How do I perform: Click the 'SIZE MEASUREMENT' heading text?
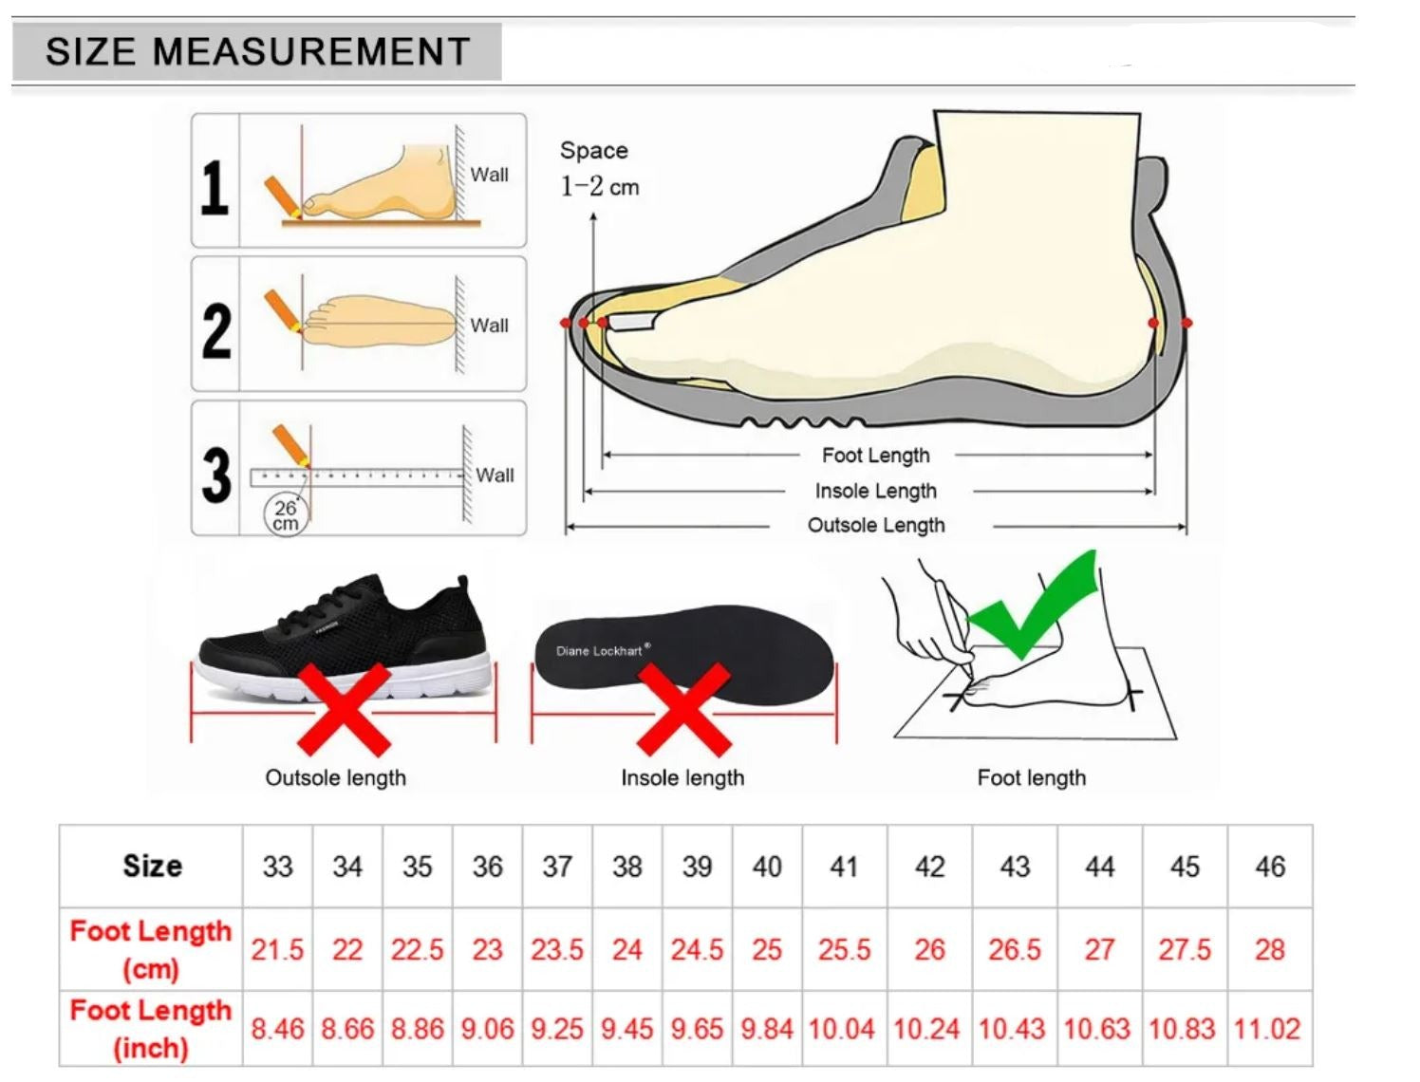(x=257, y=51)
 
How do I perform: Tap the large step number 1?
(x=215, y=188)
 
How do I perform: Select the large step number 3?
(x=216, y=476)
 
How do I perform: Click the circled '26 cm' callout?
(x=286, y=515)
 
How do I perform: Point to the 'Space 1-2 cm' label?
(x=599, y=169)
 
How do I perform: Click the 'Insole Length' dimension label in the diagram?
(x=875, y=491)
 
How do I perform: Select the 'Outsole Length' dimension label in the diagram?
(x=876, y=525)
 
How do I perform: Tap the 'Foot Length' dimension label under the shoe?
(x=875, y=456)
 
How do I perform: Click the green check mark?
(x=1033, y=605)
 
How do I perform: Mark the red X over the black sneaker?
(x=344, y=710)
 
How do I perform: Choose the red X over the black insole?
(x=683, y=710)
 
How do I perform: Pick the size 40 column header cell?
(x=767, y=867)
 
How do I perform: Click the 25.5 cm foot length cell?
(x=844, y=949)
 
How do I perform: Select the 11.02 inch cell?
(x=1268, y=1030)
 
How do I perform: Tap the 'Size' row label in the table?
(x=153, y=866)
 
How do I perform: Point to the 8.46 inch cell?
(x=277, y=1030)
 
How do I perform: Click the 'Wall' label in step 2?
(x=489, y=326)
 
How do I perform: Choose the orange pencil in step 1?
(x=283, y=196)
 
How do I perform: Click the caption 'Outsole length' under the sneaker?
(x=336, y=777)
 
